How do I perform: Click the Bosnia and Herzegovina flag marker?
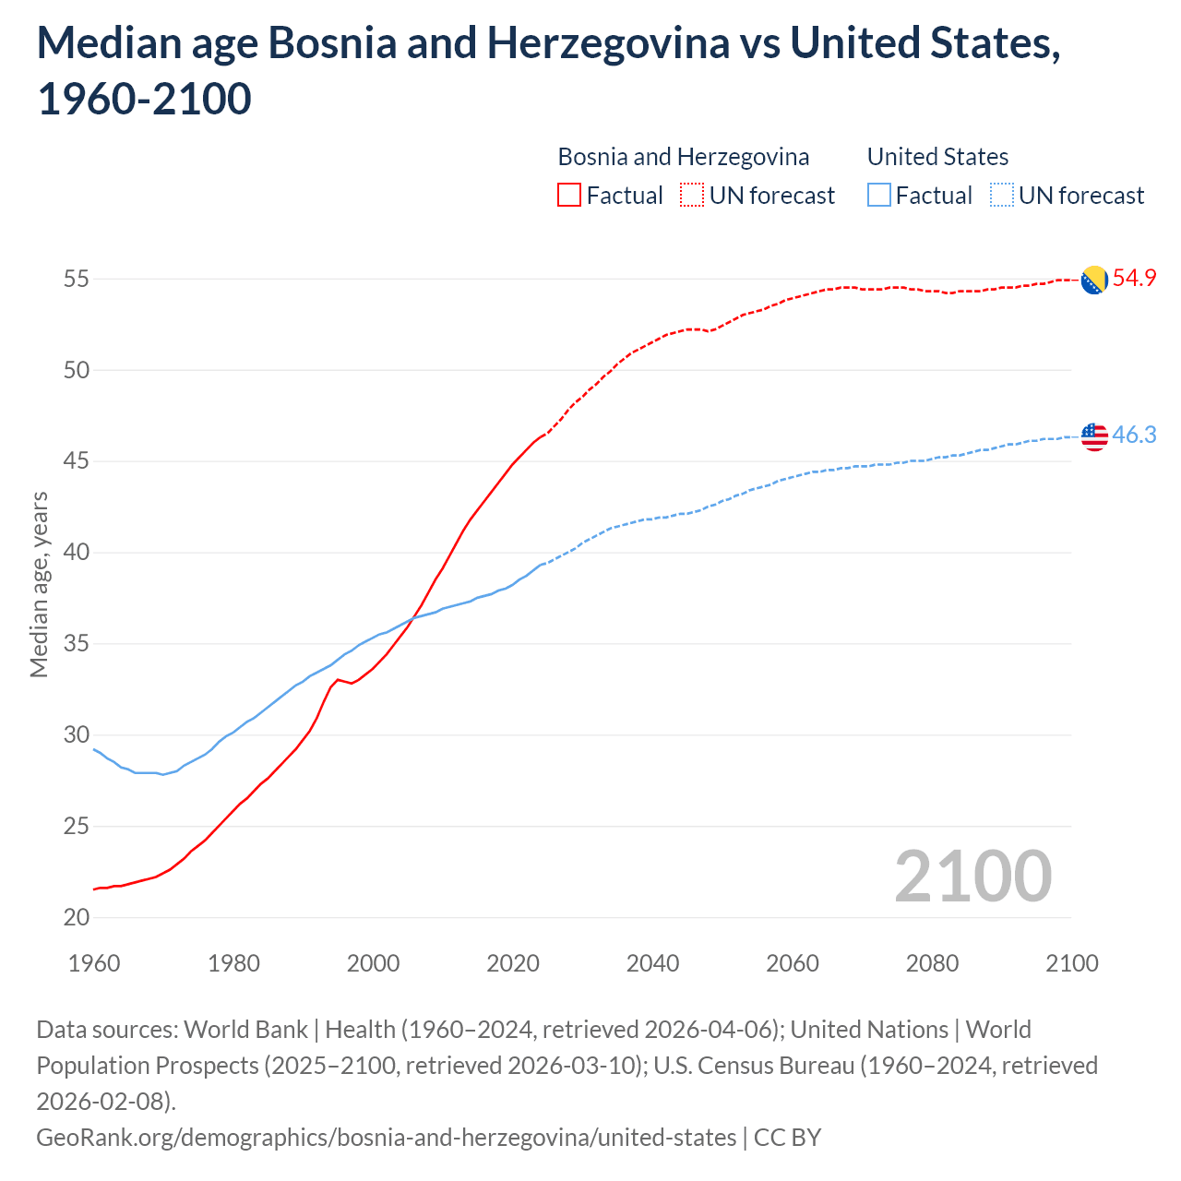click(x=1094, y=280)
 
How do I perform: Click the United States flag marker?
click(x=1094, y=436)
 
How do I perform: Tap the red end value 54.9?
click(x=1134, y=278)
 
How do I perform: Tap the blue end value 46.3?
click(x=1134, y=435)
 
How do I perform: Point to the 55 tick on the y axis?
click(x=77, y=279)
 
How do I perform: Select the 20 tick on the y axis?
click(x=77, y=917)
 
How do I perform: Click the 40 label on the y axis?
click(x=77, y=553)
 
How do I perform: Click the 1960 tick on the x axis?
click(x=94, y=963)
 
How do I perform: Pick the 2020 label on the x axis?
click(x=513, y=963)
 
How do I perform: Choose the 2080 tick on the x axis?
click(x=932, y=963)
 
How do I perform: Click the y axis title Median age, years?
click(x=39, y=585)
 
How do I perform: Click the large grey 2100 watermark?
click(x=972, y=877)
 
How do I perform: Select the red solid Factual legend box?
click(x=569, y=196)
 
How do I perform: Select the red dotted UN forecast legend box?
click(x=692, y=196)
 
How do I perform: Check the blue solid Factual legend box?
click(x=878, y=196)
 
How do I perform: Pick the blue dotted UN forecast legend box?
click(x=1001, y=196)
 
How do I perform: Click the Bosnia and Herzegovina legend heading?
click(x=684, y=157)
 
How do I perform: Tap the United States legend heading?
click(x=937, y=157)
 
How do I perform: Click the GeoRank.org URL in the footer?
click(x=386, y=1137)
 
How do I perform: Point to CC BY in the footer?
click(x=787, y=1137)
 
